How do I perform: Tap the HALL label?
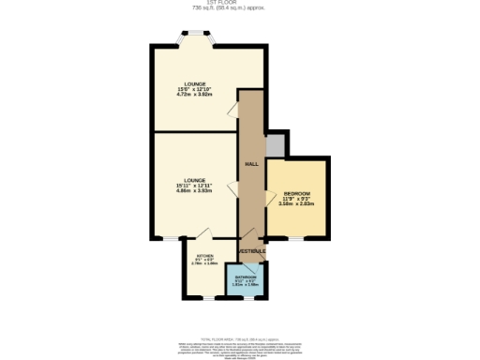point(250,164)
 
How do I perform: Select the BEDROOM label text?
point(296,193)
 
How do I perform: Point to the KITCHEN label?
point(204,256)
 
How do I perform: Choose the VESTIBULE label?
point(252,251)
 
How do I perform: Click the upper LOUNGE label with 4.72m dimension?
point(195,83)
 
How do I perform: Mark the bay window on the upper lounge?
point(195,37)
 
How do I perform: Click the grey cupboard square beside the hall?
point(275,145)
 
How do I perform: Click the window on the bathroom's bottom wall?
point(249,298)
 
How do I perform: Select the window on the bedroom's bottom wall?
point(296,238)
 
